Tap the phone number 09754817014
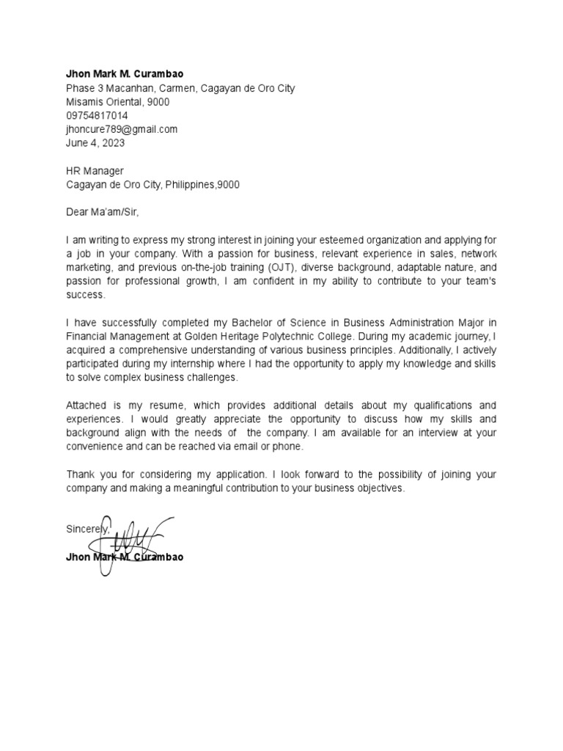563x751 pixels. point(97,116)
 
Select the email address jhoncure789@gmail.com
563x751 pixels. point(122,129)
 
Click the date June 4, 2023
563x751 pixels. point(95,143)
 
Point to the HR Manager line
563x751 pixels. point(95,171)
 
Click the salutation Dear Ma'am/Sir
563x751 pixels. point(102,213)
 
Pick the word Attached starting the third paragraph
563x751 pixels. point(88,406)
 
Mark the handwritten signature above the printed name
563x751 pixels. point(132,539)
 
